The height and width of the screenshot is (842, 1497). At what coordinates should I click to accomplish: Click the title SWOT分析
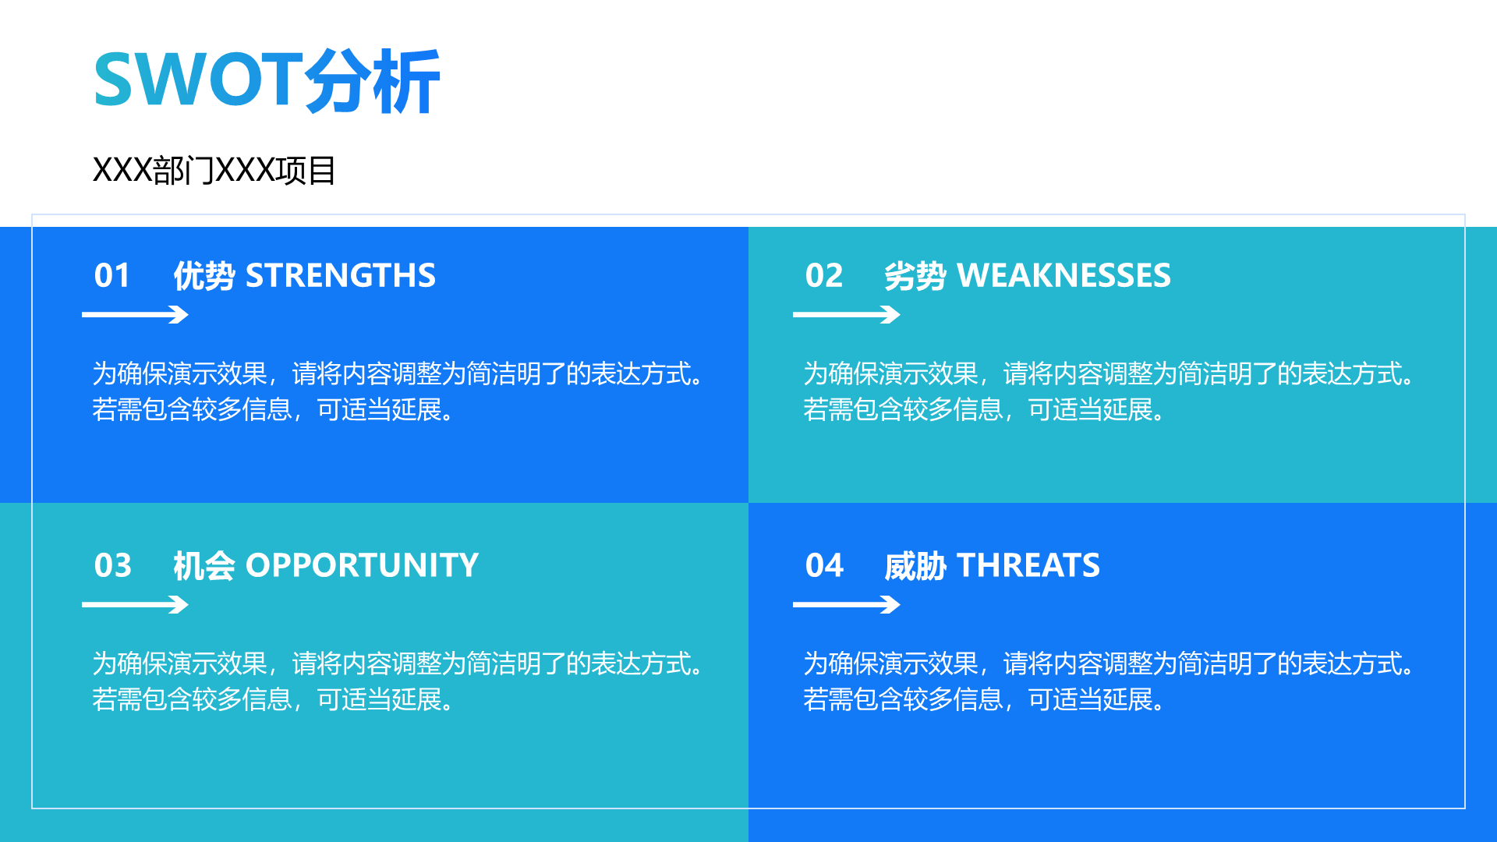click(x=267, y=80)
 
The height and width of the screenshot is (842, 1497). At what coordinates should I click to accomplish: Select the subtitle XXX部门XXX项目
click(x=214, y=170)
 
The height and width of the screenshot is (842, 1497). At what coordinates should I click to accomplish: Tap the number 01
click(x=112, y=275)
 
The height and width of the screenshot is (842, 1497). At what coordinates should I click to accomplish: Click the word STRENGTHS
click(x=341, y=275)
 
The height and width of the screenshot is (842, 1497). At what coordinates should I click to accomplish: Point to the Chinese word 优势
click(x=203, y=276)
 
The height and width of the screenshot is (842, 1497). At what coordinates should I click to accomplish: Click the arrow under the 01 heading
click(x=135, y=315)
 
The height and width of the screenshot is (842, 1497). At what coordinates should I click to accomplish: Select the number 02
click(x=824, y=275)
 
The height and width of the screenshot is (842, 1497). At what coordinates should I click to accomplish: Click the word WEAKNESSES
click(x=1063, y=275)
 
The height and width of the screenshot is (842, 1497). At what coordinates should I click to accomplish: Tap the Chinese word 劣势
click(x=915, y=276)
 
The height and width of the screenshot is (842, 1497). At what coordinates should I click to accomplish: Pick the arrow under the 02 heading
click(x=847, y=315)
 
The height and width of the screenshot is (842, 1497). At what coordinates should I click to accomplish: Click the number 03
click(x=113, y=565)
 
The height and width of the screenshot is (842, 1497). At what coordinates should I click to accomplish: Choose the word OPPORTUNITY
click(x=363, y=565)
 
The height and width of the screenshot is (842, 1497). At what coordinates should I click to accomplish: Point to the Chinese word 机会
click(x=203, y=566)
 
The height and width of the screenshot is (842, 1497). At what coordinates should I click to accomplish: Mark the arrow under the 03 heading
click(x=135, y=605)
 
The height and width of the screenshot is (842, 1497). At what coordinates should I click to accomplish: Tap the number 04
click(x=824, y=565)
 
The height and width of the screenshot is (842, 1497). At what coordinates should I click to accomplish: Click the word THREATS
click(x=1028, y=565)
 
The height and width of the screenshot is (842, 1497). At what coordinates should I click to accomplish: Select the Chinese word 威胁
click(x=915, y=566)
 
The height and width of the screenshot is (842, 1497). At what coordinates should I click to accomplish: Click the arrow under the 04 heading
click(x=847, y=605)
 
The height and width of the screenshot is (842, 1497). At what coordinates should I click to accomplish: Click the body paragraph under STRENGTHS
click(x=398, y=391)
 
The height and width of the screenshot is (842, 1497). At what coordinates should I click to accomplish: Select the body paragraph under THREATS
click(x=1109, y=681)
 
